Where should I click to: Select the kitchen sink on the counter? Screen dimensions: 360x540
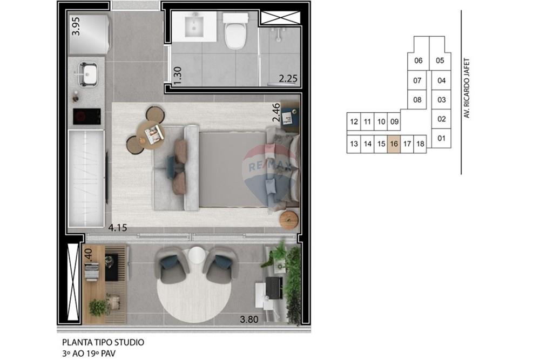click(x=88, y=74)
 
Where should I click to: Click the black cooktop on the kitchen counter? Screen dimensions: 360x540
click(x=87, y=116)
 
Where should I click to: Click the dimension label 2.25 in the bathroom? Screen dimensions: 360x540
click(x=288, y=79)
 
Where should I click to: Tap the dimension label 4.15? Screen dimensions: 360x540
click(x=117, y=227)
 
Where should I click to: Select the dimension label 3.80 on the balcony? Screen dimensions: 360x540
click(x=249, y=319)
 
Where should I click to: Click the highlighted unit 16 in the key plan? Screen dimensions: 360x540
click(x=394, y=144)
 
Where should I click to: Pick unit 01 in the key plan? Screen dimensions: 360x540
click(x=441, y=139)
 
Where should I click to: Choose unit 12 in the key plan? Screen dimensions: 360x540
click(x=354, y=121)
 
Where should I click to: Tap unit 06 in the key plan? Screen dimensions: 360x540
click(x=418, y=60)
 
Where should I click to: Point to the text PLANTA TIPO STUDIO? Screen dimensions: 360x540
click(x=103, y=342)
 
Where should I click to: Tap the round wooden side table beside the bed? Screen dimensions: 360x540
click(x=289, y=219)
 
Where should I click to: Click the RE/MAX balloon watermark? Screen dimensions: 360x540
click(x=267, y=167)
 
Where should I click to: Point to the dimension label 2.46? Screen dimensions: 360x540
click(x=276, y=114)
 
